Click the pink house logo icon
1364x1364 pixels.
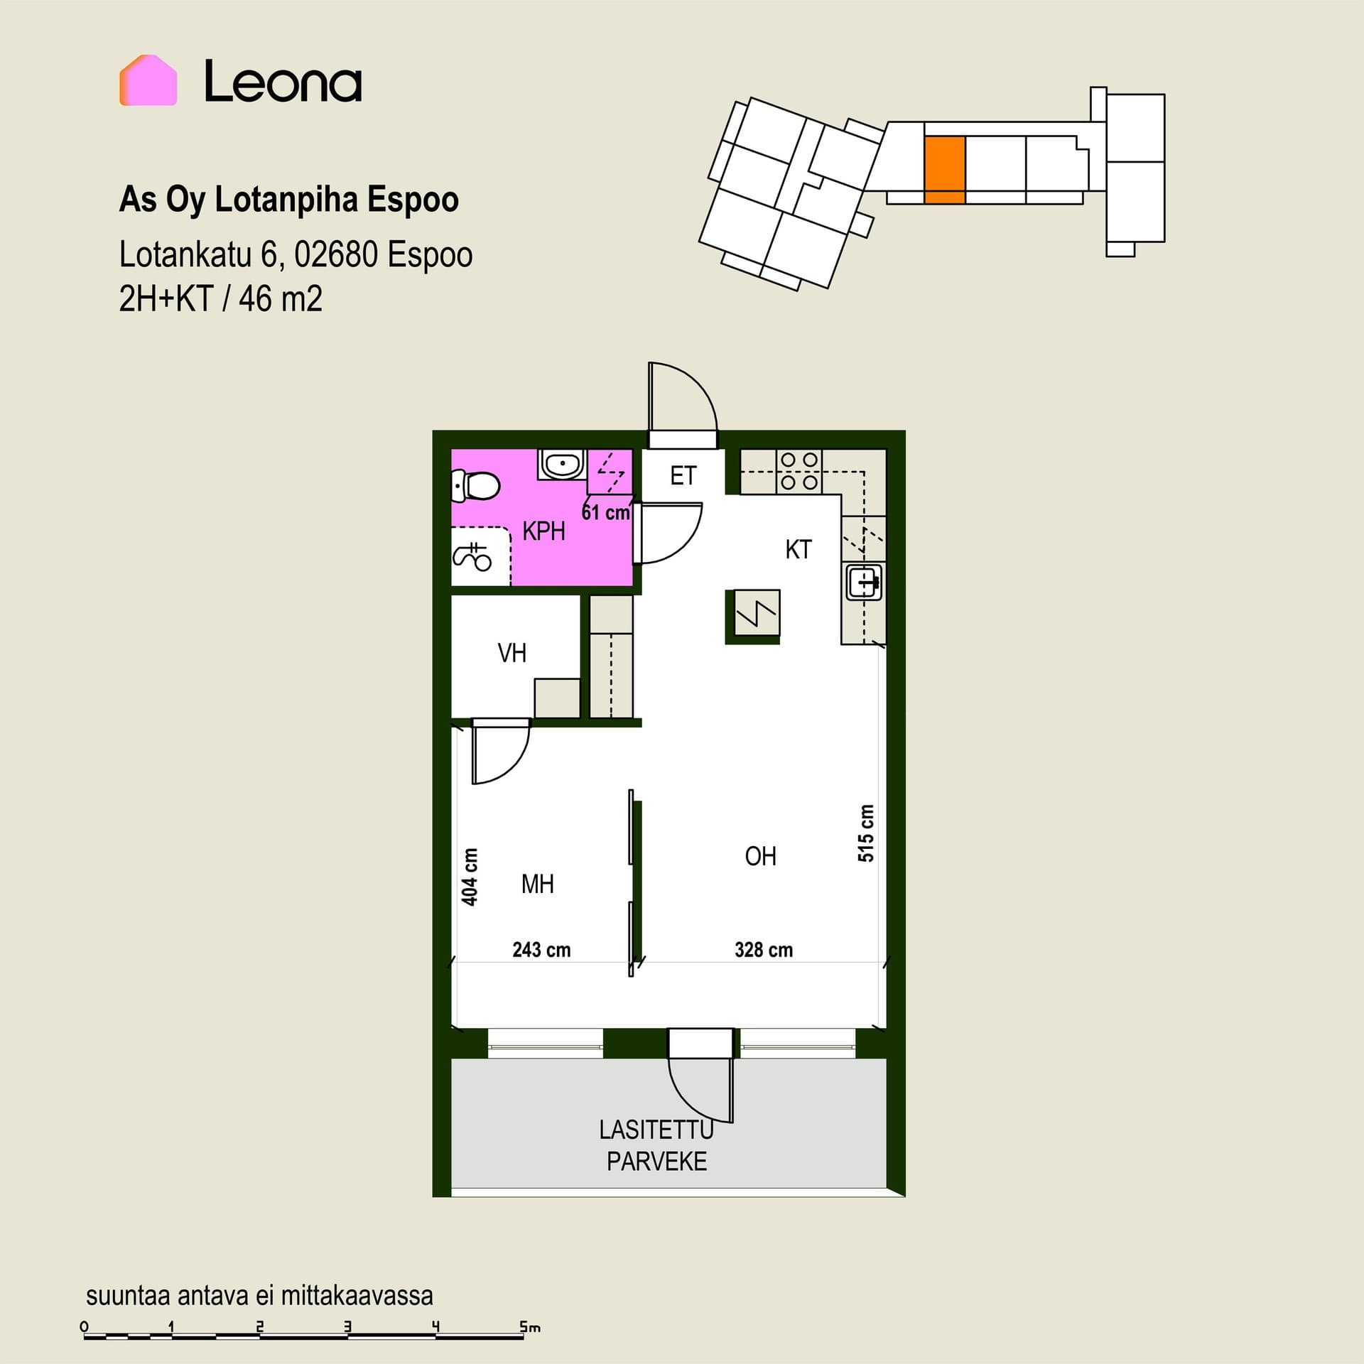pos(148,80)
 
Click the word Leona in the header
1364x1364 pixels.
pos(283,81)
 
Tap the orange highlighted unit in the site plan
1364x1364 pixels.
pos(945,170)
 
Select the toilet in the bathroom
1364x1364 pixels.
pos(475,487)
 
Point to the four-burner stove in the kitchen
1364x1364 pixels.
pos(799,471)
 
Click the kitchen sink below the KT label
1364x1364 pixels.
pos(865,582)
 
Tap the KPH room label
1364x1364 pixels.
pos(543,531)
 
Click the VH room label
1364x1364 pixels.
pos(512,653)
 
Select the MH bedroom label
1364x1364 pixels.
pos(538,884)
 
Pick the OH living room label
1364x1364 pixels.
pos(760,857)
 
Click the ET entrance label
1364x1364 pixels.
pos(683,475)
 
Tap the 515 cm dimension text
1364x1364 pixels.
pos(865,833)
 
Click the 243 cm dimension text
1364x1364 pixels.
pos(541,950)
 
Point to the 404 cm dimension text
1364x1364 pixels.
pos(470,877)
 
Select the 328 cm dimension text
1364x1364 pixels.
pos(764,950)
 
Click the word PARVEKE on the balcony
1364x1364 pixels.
pos(657,1162)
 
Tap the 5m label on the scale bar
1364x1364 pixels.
pos(530,1326)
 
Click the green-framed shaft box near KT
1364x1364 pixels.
pos(752,617)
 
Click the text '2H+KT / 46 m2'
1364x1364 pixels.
pos(221,298)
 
